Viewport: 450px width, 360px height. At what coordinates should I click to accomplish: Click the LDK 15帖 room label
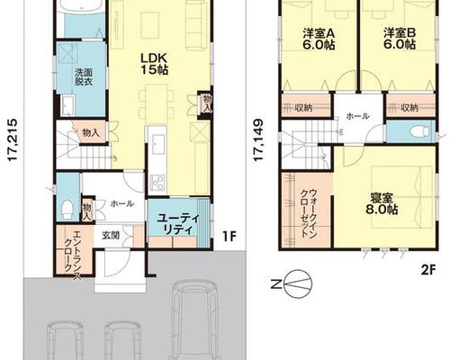point(155,64)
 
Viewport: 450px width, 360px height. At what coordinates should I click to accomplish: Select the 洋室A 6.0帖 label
point(319,39)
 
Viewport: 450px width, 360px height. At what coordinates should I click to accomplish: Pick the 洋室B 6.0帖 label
point(400,39)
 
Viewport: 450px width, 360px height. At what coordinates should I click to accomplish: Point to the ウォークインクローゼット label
point(309,212)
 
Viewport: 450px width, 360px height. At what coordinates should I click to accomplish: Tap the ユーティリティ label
point(178,224)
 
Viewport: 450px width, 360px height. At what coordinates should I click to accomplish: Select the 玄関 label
point(111,236)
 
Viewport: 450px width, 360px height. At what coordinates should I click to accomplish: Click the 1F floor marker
point(229,237)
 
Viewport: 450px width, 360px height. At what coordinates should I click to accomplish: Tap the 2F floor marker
point(428,270)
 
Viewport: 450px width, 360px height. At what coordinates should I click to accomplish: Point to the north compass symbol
point(298,283)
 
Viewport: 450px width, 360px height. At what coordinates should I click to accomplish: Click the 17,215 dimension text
point(13,140)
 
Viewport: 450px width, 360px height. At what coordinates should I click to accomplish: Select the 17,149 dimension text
point(258,140)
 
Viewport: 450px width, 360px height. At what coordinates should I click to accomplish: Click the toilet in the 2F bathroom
point(422,130)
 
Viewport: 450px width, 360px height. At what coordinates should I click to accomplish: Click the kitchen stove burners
point(157,183)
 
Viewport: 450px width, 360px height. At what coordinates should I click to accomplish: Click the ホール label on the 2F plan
point(357,116)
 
